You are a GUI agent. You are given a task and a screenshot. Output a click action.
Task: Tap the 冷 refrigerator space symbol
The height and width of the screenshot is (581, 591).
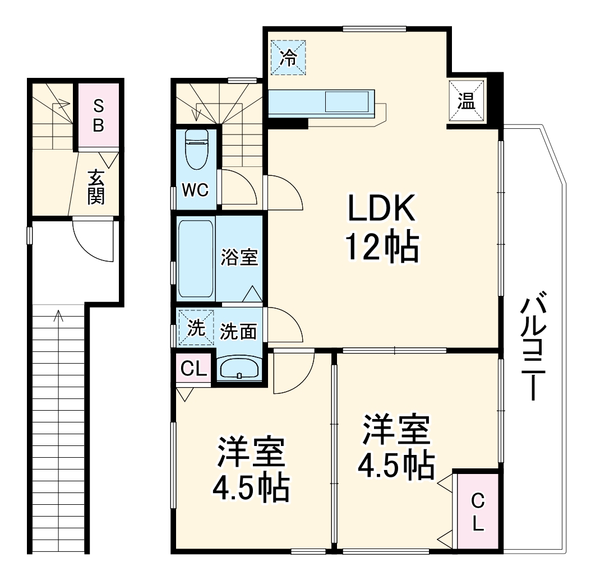(x=288, y=58)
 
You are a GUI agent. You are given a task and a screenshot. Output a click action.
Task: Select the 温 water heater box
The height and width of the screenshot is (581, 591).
(x=465, y=101)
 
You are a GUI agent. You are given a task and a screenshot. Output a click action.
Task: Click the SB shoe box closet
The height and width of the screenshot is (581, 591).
(x=98, y=115)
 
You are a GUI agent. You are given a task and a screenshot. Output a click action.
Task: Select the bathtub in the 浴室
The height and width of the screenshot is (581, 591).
(x=196, y=259)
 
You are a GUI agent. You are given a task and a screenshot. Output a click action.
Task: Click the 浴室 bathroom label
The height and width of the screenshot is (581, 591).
(x=239, y=258)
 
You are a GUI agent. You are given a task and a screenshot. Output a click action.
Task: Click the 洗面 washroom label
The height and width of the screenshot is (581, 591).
(x=238, y=331)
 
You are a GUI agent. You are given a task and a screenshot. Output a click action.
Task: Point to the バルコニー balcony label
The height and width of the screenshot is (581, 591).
(x=533, y=347)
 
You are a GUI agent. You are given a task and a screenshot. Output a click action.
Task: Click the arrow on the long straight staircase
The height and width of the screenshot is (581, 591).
(x=58, y=317)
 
